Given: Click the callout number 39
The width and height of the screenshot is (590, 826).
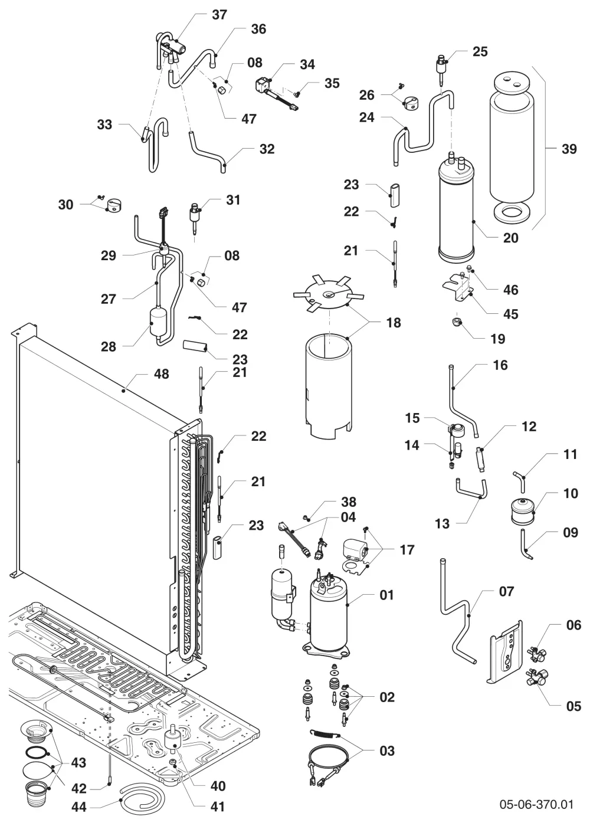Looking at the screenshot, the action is (x=569, y=149).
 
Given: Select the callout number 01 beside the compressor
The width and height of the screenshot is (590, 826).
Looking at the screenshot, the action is (x=387, y=595).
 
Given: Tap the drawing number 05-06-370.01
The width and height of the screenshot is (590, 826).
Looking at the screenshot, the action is (x=536, y=804).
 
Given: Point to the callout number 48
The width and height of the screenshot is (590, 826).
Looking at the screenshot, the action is (x=161, y=374).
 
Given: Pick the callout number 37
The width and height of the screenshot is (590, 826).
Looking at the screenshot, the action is (x=219, y=15).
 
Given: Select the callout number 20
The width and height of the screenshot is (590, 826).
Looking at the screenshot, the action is (x=511, y=238).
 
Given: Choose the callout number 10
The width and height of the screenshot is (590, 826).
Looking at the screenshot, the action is (x=571, y=493).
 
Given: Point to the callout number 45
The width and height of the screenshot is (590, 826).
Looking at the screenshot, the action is (x=511, y=314).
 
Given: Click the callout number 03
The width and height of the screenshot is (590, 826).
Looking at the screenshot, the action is (x=387, y=750).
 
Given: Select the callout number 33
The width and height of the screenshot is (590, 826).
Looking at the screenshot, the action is (x=104, y=124).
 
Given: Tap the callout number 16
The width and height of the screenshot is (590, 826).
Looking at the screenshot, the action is (x=500, y=365).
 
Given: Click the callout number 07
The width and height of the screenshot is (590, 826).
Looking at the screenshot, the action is (x=506, y=591).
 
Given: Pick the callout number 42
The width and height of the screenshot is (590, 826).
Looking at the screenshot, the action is (x=78, y=789).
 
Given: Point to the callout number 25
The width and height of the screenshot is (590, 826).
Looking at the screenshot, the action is (x=480, y=52).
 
